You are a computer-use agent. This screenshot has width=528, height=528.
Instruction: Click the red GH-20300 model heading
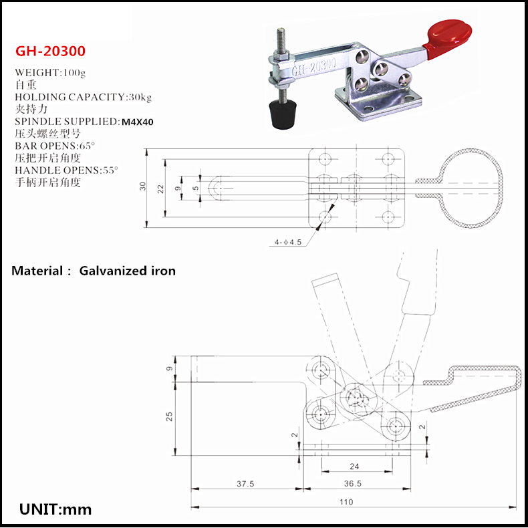coord(50,51)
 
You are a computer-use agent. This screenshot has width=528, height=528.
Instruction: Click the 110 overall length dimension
coord(346,502)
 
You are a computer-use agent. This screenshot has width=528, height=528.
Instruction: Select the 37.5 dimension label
coord(245,485)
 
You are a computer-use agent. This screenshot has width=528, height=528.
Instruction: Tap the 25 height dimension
coord(170,416)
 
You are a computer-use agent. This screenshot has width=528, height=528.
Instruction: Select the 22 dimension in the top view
coord(160,188)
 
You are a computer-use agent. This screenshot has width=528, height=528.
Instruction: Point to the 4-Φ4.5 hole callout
coord(287,243)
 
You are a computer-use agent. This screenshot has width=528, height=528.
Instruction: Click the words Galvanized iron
coord(127,271)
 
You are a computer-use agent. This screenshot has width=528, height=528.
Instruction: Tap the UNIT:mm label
coord(55,509)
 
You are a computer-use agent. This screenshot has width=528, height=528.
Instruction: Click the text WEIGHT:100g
coord(49,72)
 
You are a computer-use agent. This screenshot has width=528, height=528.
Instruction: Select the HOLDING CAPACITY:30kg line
coord(83,97)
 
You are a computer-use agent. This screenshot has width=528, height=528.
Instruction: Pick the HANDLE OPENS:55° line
coord(66,170)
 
